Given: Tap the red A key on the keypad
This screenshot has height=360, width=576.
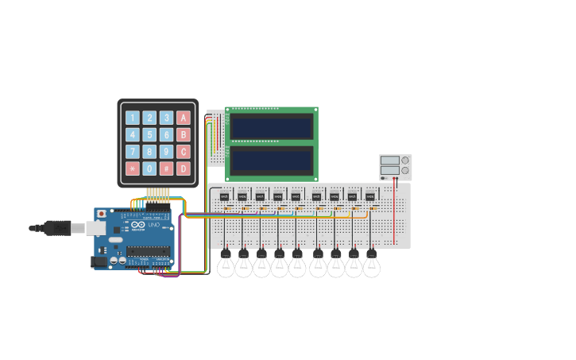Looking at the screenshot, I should [x=184, y=118].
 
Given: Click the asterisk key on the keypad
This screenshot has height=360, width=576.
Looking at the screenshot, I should [x=132, y=168].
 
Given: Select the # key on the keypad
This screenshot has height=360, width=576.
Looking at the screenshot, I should [x=166, y=168].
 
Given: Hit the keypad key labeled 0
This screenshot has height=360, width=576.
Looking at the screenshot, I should [x=149, y=168].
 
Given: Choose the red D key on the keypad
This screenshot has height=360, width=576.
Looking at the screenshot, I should [x=184, y=168].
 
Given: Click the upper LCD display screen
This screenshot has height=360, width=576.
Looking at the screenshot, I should [x=271, y=126].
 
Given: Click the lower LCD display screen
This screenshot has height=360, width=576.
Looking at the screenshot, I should [x=271, y=160].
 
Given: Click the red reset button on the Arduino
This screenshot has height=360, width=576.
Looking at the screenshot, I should [x=101, y=214].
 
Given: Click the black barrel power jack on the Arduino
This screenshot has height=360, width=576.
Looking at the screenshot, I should [x=99, y=261].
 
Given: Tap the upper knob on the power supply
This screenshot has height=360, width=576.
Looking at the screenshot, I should [x=405, y=161].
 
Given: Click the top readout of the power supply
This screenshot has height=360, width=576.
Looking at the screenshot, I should [x=389, y=161].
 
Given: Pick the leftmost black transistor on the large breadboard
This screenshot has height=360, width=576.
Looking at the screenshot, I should [x=224, y=195].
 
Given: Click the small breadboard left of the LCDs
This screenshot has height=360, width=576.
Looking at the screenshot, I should [x=215, y=139].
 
